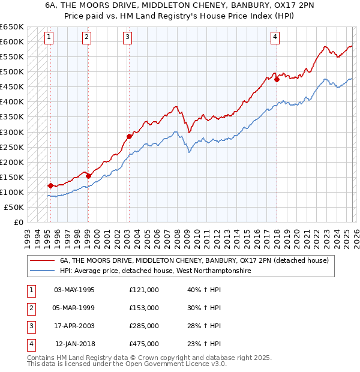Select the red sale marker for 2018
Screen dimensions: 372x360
[x=277, y=79]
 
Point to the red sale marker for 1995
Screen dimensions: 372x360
[x=50, y=185]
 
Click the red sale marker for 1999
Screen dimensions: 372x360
[x=88, y=176]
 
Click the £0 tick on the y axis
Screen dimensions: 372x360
[x=18, y=222]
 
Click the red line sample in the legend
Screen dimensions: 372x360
[x=42, y=261]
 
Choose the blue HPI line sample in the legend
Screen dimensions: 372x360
[x=42, y=271]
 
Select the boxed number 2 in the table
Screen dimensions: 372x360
[x=30, y=307]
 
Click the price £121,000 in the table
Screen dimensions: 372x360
[x=144, y=289]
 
